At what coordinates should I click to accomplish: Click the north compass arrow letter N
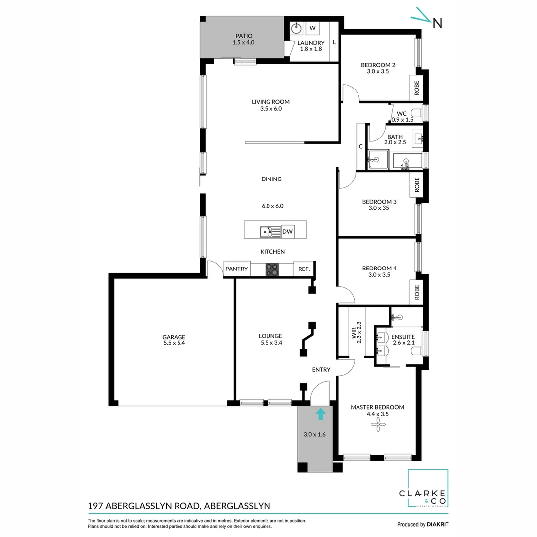click(x=437, y=23)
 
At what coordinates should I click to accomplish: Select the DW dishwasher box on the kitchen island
click(x=287, y=231)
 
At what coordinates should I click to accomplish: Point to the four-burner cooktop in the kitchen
click(x=272, y=269)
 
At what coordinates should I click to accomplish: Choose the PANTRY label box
click(x=237, y=269)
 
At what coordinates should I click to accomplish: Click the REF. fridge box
click(x=304, y=269)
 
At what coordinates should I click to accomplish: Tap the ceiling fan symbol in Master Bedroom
click(x=378, y=424)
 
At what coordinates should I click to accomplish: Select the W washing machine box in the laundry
click(x=312, y=28)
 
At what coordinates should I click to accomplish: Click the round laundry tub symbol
click(x=296, y=28)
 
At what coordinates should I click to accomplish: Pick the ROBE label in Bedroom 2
click(x=417, y=88)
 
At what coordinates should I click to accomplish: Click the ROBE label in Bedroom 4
click(x=417, y=292)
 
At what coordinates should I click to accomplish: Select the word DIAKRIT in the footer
click(x=440, y=524)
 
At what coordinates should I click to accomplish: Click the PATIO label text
click(x=243, y=36)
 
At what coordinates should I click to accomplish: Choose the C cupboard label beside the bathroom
click(x=360, y=146)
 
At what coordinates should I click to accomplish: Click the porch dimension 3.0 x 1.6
click(x=314, y=434)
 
